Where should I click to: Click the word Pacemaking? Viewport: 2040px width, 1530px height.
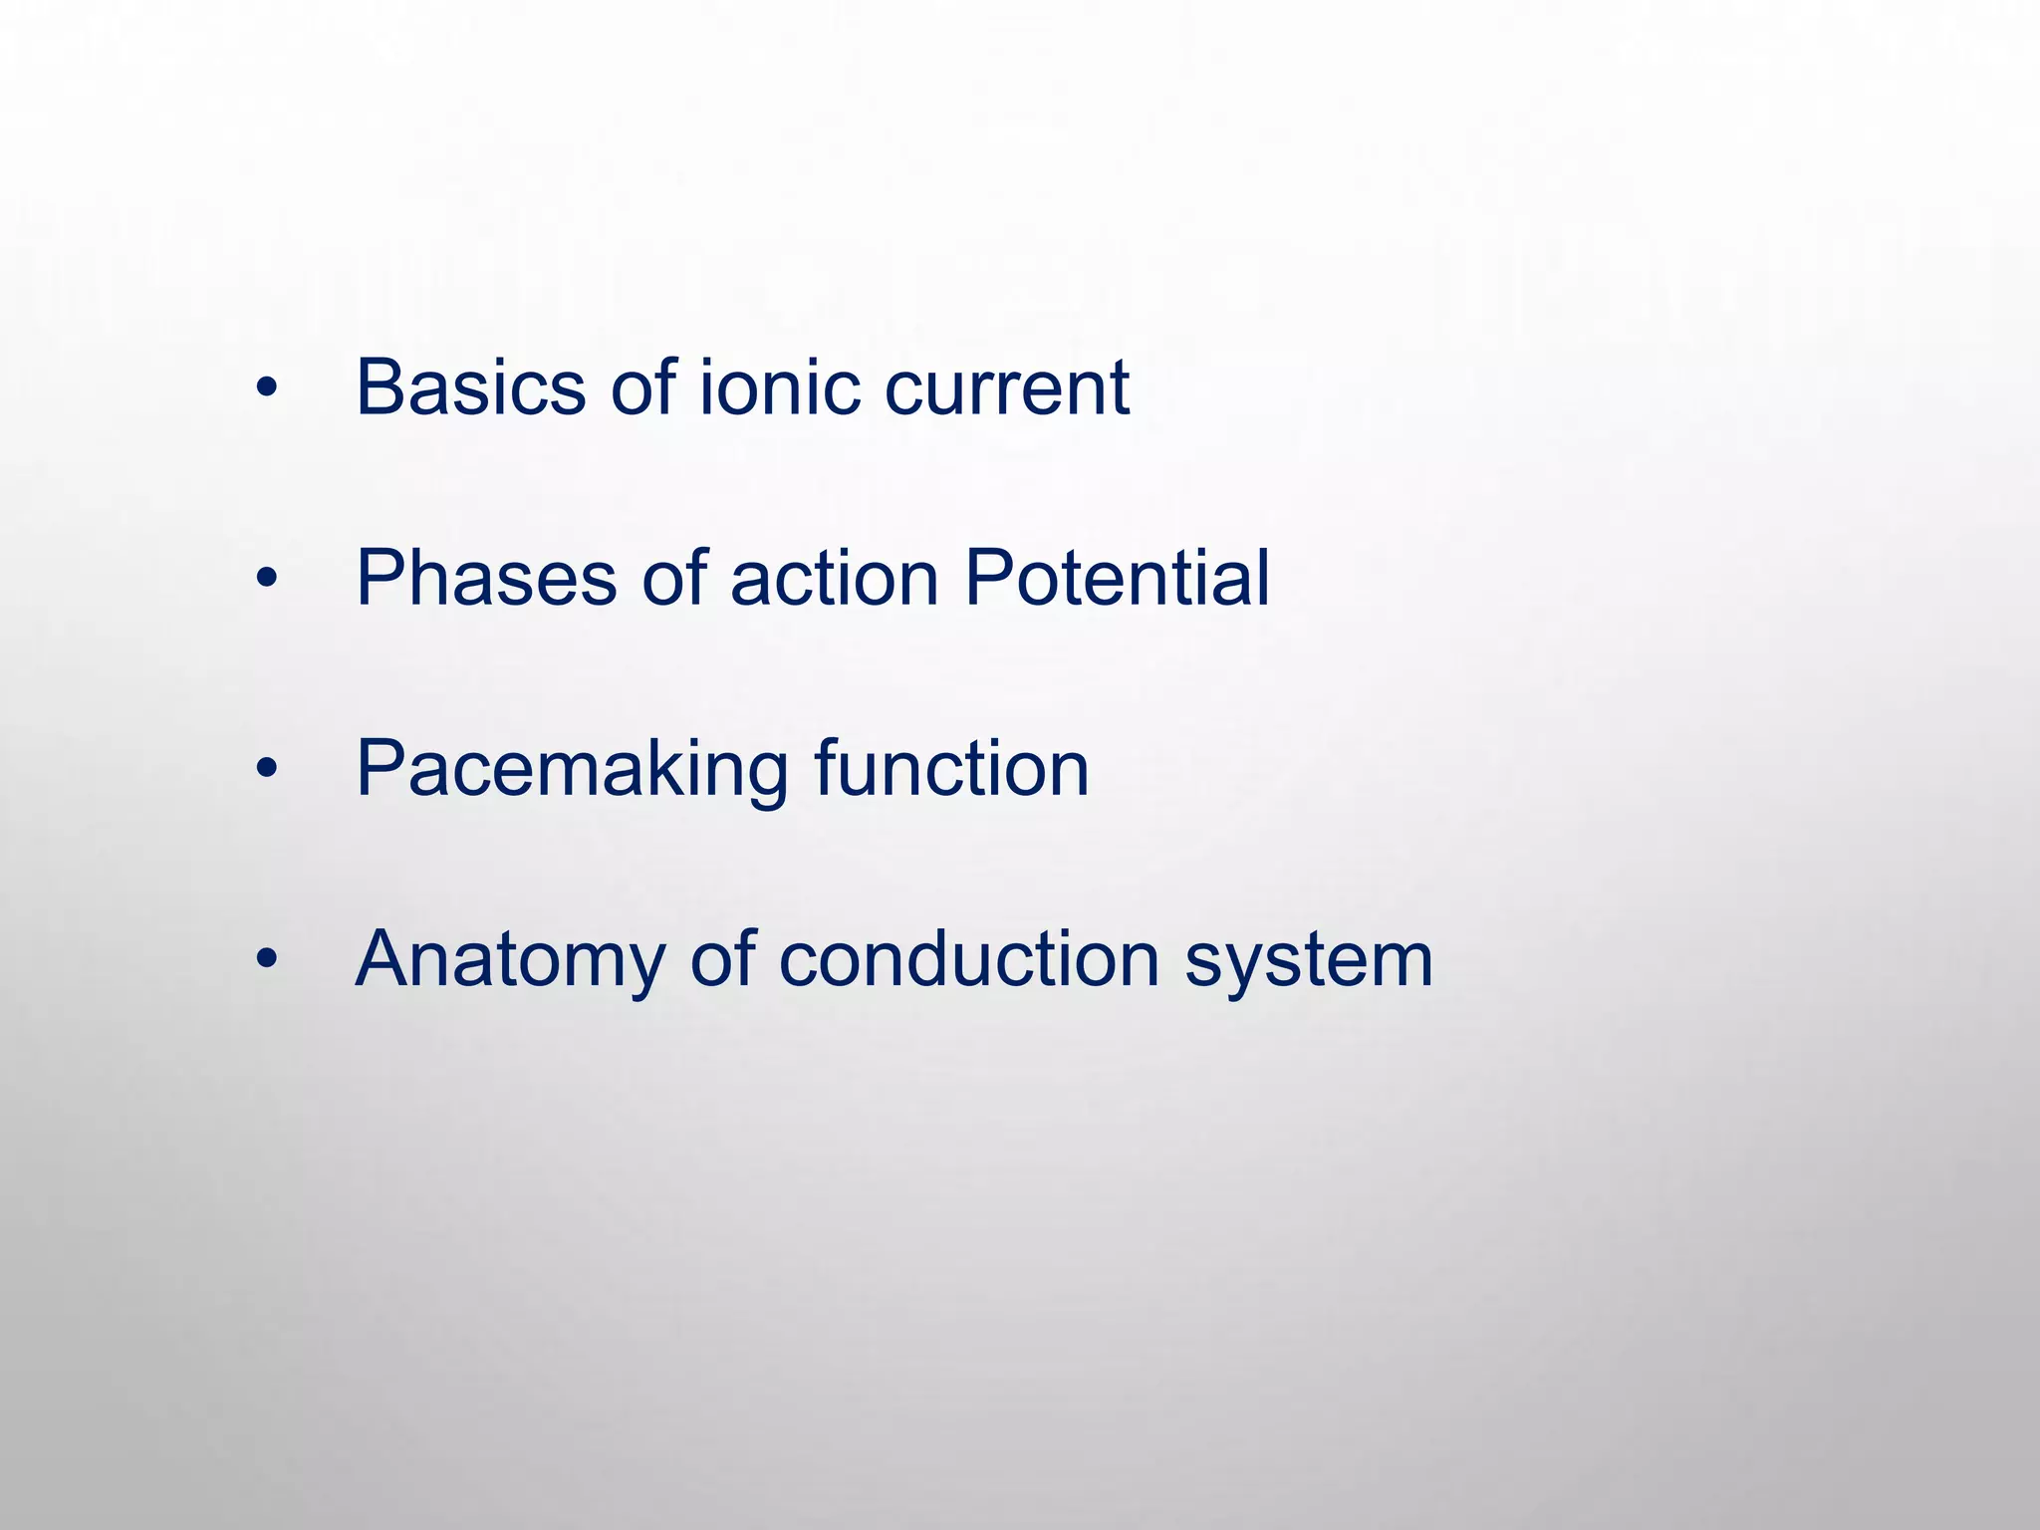572,769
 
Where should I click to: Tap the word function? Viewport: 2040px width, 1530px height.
951,769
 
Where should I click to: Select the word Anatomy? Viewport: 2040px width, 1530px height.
510,960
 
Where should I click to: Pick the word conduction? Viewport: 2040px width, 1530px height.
968,960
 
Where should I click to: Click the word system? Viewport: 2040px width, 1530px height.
1309,960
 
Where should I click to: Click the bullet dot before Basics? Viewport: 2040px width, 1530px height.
265,389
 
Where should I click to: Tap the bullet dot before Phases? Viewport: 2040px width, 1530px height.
265,581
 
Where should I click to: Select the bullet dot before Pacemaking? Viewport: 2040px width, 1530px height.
265,772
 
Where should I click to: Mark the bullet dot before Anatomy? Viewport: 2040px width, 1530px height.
265,962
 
